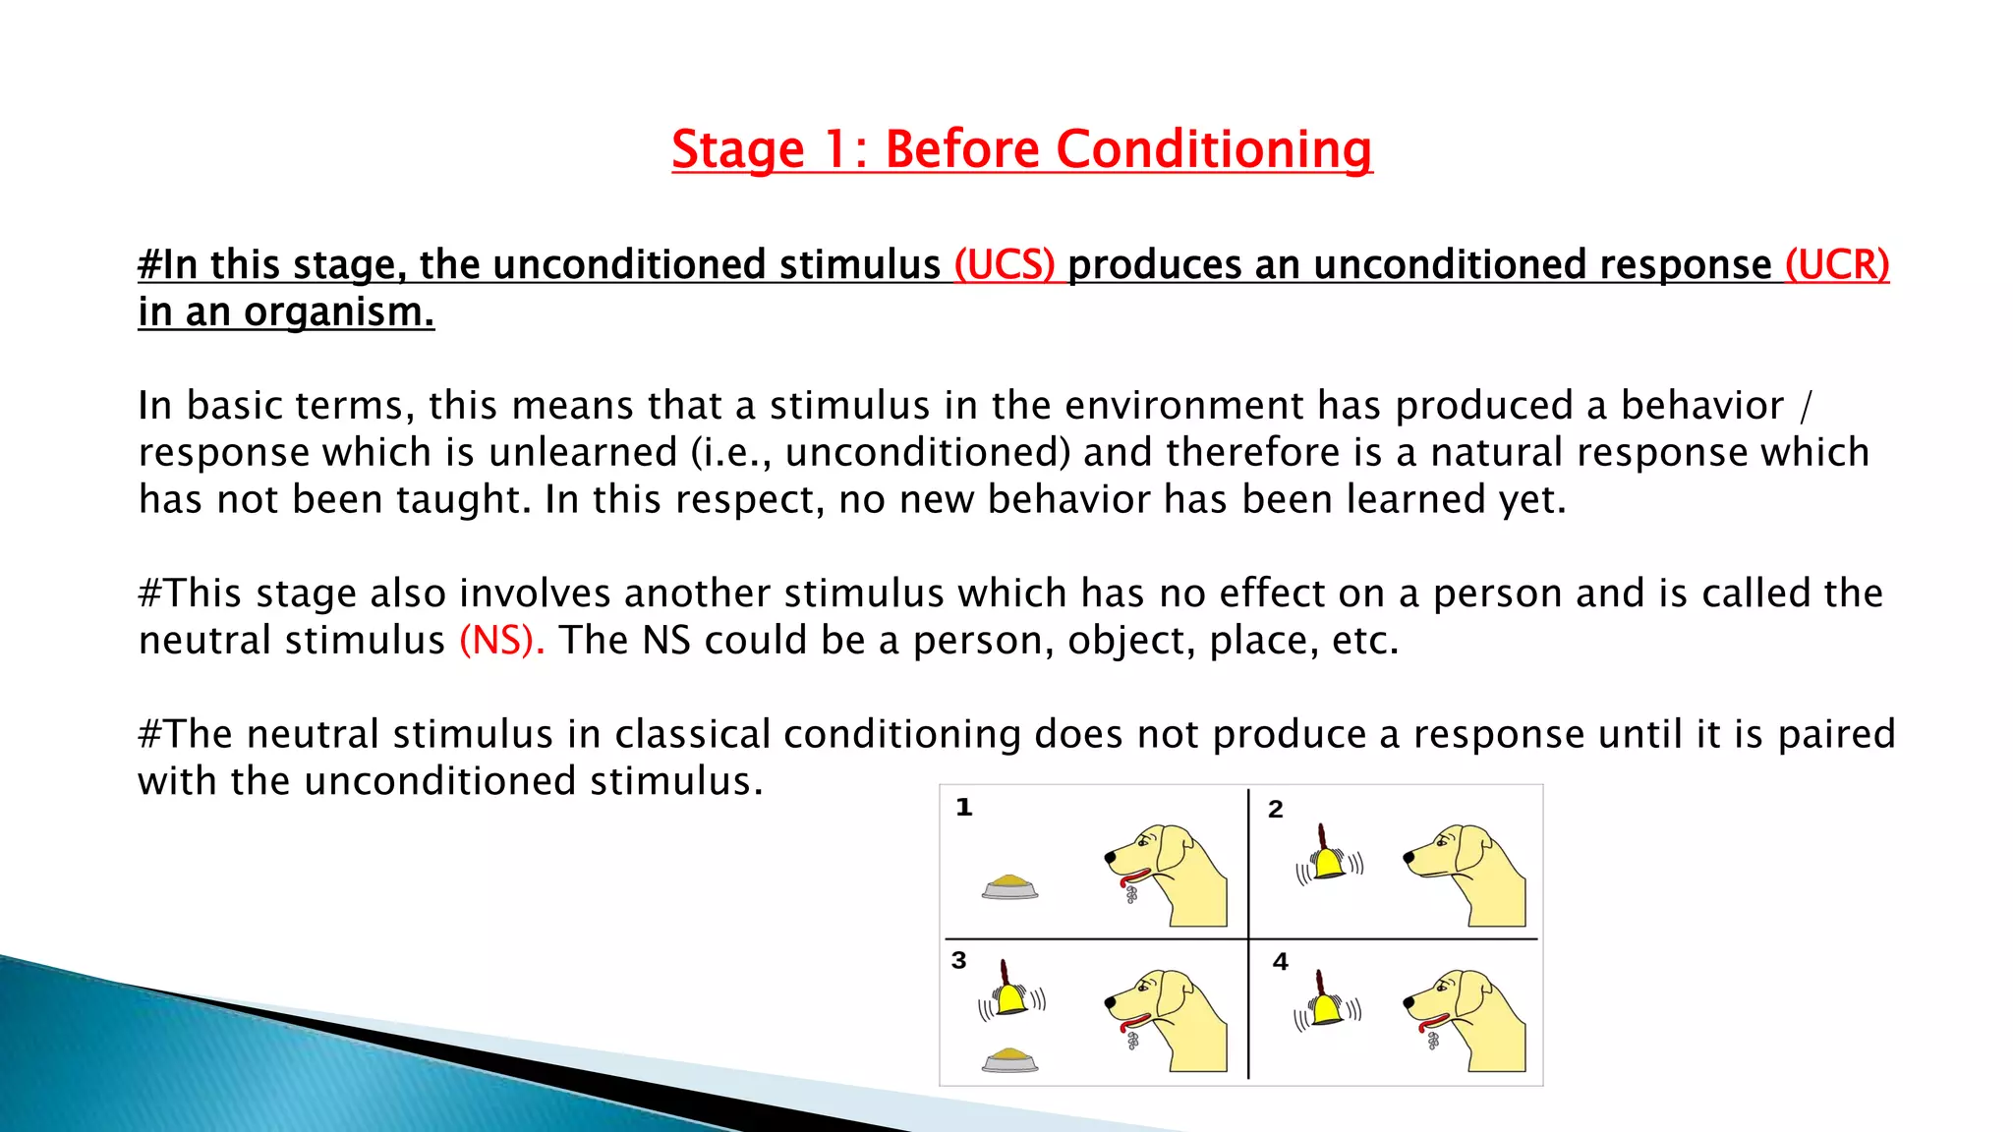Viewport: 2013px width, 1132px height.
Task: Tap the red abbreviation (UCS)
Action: (x=1004, y=265)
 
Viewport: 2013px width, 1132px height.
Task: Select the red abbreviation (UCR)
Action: (x=1836, y=265)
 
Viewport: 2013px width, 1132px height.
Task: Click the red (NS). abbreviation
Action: (x=501, y=641)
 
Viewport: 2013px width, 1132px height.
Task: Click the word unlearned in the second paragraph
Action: (x=583, y=453)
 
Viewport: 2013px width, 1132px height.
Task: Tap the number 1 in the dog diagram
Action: (x=964, y=808)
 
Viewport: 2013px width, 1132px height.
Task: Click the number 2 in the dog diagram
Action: (x=1275, y=810)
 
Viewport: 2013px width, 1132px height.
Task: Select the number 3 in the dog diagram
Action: (x=959, y=960)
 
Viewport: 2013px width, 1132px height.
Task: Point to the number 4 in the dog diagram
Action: (x=1280, y=962)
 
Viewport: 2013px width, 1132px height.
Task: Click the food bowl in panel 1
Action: (x=1009, y=886)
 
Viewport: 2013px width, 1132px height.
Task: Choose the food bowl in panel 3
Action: (x=1009, y=1059)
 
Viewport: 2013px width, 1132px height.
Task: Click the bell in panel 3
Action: (x=1010, y=994)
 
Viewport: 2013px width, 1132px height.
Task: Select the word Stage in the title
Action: (x=737, y=150)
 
